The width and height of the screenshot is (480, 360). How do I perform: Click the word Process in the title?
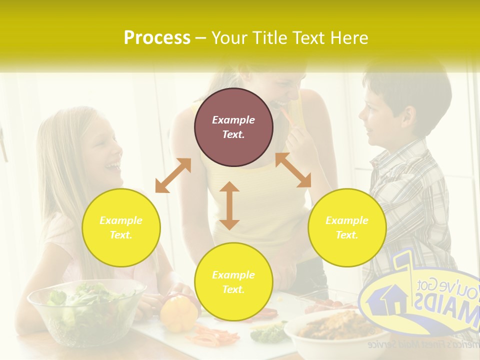[x=157, y=38]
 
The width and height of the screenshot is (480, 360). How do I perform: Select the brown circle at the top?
[x=233, y=127]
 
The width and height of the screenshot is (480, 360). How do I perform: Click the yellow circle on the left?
[x=121, y=227]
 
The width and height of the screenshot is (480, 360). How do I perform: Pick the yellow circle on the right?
[x=347, y=227]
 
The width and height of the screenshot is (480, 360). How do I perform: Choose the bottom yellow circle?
[x=233, y=282]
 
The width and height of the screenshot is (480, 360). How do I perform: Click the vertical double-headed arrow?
[x=229, y=205]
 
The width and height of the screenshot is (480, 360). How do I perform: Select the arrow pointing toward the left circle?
[x=173, y=175]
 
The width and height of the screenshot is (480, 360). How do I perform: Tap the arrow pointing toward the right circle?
[x=293, y=170]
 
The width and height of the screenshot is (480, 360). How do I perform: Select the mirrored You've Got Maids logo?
[x=420, y=300]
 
